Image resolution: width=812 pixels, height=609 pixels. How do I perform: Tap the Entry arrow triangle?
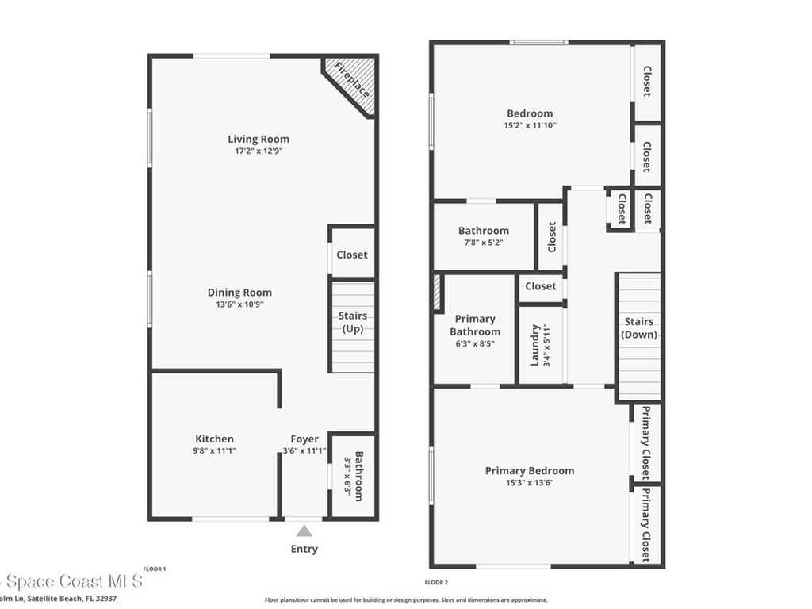[304, 531]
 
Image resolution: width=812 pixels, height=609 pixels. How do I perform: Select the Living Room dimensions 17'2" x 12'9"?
[259, 151]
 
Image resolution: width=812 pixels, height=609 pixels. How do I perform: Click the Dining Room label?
[239, 293]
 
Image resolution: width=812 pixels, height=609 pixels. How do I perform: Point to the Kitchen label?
[215, 439]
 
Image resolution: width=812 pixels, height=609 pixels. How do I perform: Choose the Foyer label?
[304, 439]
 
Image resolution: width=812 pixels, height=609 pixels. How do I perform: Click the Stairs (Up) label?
[352, 323]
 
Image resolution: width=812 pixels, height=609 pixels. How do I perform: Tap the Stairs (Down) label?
[639, 327]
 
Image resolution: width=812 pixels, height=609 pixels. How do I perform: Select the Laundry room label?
[535, 345]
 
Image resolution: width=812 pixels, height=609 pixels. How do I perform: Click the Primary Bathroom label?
[475, 325]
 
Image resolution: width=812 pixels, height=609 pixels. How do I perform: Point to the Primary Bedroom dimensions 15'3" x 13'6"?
[530, 482]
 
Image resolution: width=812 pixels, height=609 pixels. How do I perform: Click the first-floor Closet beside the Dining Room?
[352, 255]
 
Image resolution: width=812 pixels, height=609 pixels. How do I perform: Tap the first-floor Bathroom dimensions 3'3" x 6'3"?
[347, 476]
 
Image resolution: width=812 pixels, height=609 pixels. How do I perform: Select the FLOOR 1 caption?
[154, 569]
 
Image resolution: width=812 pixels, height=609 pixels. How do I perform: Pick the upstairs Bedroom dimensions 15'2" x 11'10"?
[530, 125]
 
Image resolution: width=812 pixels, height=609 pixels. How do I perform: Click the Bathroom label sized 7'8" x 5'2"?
[484, 231]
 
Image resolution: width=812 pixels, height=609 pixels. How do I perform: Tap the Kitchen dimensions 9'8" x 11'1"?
[215, 450]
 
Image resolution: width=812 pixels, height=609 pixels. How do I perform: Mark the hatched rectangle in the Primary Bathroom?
[437, 293]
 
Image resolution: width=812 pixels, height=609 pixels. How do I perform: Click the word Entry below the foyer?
[304, 549]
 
